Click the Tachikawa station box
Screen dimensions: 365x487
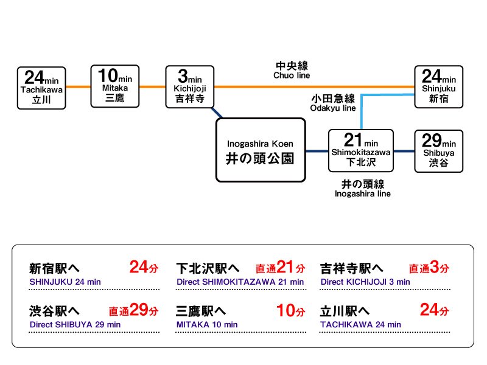pyautogui.click(x=41, y=88)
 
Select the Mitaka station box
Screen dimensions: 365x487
pyautogui.click(x=115, y=86)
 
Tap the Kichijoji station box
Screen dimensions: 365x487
pyautogui.click(x=190, y=86)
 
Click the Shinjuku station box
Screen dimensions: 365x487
pyautogui.click(x=439, y=86)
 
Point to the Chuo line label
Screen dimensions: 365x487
pyautogui.click(x=292, y=70)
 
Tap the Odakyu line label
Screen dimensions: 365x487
pyautogui.click(x=332, y=103)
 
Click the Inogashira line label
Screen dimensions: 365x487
pyautogui.click(x=363, y=189)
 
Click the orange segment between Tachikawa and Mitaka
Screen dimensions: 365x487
pyautogui.click(x=78, y=87)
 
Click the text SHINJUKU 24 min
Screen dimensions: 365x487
pyautogui.click(x=65, y=282)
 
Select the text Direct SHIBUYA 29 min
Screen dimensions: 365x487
pyautogui.click(x=75, y=325)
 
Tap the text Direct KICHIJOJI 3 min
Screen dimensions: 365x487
pyautogui.click(x=365, y=282)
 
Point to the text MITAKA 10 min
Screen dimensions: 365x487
pyautogui.click(x=207, y=325)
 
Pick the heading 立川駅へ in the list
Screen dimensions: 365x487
pyautogui.click(x=344, y=311)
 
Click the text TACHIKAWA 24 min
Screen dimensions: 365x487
pyautogui.click(x=360, y=325)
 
